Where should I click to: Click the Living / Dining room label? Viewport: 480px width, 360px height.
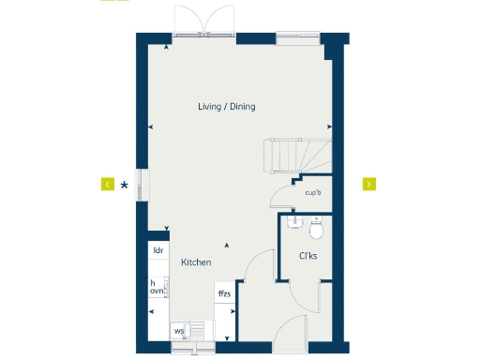[226, 107]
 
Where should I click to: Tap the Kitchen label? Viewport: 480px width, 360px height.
[196, 262]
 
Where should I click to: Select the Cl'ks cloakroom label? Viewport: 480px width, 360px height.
[307, 256]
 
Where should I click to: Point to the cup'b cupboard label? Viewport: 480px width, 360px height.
[313, 194]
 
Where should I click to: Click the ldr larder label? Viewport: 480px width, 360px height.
[158, 250]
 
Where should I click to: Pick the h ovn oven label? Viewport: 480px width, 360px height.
[157, 287]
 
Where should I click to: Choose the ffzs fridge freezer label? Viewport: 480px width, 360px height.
[224, 294]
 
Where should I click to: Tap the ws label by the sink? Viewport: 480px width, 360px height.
[178, 331]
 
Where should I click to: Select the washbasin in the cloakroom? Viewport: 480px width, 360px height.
[294, 222]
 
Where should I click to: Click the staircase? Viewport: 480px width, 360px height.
[295, 156]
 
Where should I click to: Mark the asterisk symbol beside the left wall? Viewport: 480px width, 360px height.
[125, 185]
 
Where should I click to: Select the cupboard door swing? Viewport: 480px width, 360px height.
[280, 194]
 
